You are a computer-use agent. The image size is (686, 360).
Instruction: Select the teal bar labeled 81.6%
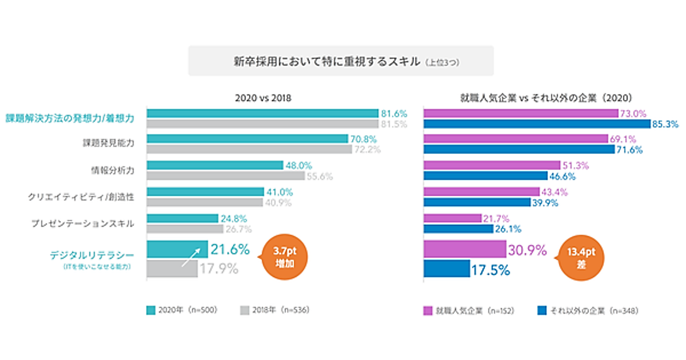tap(262, 113)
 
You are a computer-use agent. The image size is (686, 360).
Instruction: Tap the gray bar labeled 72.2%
tap(249, 149)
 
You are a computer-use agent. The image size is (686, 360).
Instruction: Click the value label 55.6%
tap(320, 177)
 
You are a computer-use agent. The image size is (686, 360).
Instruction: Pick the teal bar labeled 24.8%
tap(182, 218)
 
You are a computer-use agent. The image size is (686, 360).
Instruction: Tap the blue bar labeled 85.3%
tap(537, 123)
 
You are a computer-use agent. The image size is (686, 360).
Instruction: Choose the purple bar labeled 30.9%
tap(465, 250)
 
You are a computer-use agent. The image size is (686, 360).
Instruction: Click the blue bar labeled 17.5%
tap(446, 269)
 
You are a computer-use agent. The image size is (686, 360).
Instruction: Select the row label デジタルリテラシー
tap(93, 254)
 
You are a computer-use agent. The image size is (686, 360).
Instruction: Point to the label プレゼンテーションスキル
tap(83, 223)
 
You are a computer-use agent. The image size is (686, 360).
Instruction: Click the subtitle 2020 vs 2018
tap(263, 98)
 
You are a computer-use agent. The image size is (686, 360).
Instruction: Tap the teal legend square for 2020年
tap(151, 311)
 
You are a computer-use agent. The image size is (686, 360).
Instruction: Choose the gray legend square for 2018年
tap(244, 311)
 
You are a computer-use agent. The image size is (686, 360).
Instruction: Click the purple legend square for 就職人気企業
tap(427, 311)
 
